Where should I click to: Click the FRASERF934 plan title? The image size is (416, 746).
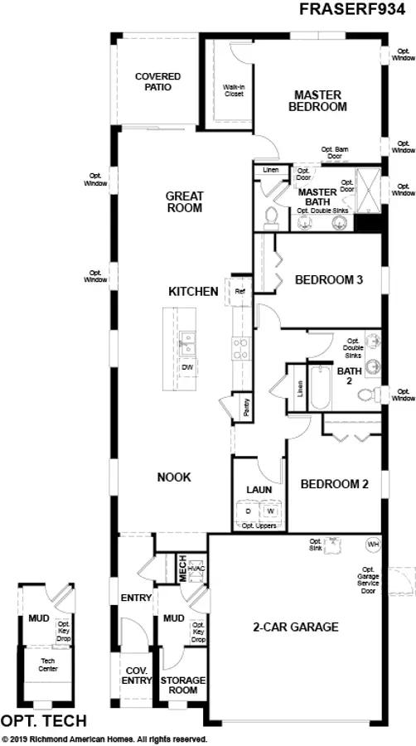(357, 11)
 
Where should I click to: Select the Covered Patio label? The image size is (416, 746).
(157, 81)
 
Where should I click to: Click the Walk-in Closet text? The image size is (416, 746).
(234, 90)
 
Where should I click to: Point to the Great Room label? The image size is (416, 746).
(184, 202)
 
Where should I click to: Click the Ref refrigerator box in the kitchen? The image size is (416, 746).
(240, 292)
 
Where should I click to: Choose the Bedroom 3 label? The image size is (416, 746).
(329, 280)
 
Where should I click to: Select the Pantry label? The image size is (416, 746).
(247, 407)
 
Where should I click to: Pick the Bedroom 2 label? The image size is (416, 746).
(334, 484)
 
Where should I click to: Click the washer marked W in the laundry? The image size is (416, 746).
(269, 511)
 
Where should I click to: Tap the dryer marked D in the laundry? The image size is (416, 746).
(247, 511)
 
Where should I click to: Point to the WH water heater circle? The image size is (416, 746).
(372, 545)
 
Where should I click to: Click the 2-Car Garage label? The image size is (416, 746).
(296, 627)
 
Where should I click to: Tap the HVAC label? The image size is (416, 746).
(196, 568)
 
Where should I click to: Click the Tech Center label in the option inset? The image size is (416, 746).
(48, 665)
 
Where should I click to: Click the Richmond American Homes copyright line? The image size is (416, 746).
(104, 739)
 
